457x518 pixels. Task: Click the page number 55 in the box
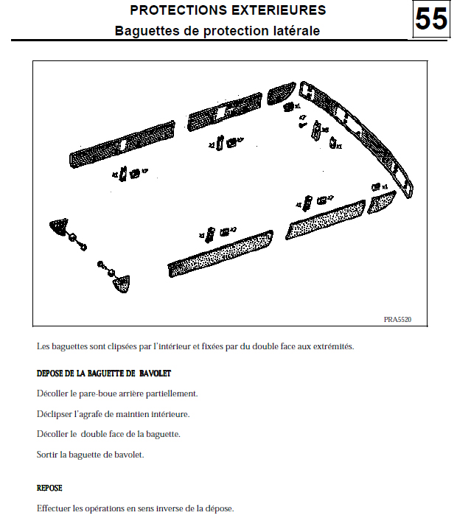(x=431, y=20)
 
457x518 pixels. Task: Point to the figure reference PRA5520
(x=397, y=319)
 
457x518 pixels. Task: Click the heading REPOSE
(x=49, y=488)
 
